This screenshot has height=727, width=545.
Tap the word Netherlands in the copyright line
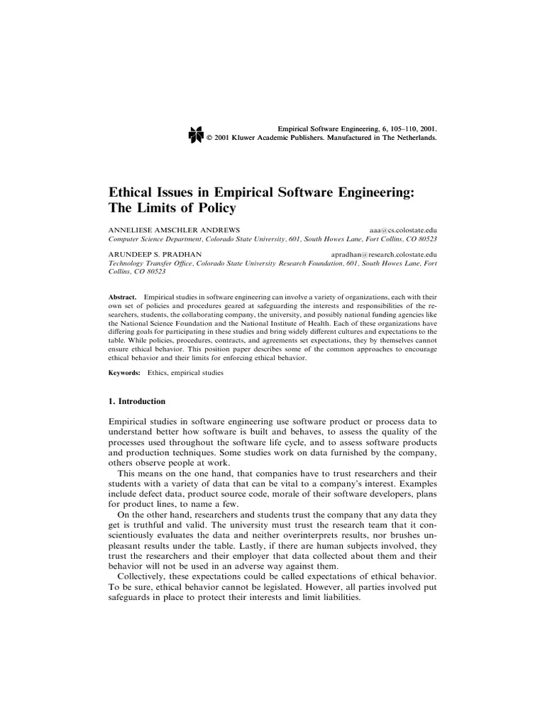pos(413,138)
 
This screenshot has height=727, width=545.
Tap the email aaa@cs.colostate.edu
pos(403,231)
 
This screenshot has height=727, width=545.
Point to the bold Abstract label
pos(121,295)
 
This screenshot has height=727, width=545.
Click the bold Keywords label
pos(123,373)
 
